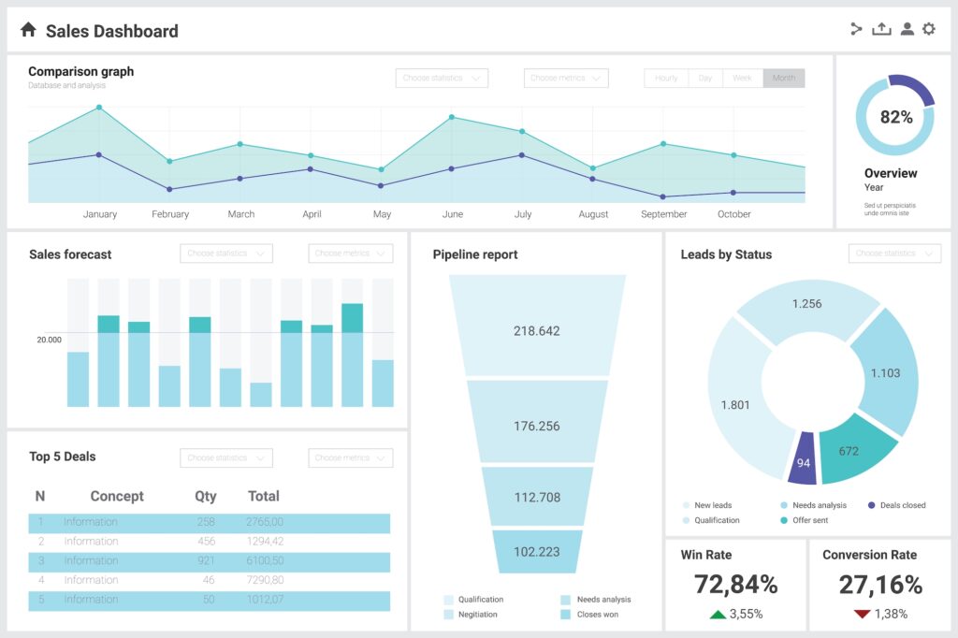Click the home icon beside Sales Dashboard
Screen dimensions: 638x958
28,30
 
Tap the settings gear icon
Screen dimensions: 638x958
928,29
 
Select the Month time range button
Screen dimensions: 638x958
784,79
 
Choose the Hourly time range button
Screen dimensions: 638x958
666,79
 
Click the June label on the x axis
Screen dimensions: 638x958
452,214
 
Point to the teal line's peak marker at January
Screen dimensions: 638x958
99,108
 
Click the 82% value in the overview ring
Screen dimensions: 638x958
895,117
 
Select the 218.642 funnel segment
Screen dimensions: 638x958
537,330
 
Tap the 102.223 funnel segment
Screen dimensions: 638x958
537,551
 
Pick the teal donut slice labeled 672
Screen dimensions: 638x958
848,451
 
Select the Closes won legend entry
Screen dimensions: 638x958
597,615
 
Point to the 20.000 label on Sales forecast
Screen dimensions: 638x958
49,340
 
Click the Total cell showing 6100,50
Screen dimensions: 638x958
265,560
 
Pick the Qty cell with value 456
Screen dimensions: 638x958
206,542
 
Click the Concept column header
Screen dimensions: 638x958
117,496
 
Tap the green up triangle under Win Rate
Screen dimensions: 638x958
718,615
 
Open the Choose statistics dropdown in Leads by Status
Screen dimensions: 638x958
893,254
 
